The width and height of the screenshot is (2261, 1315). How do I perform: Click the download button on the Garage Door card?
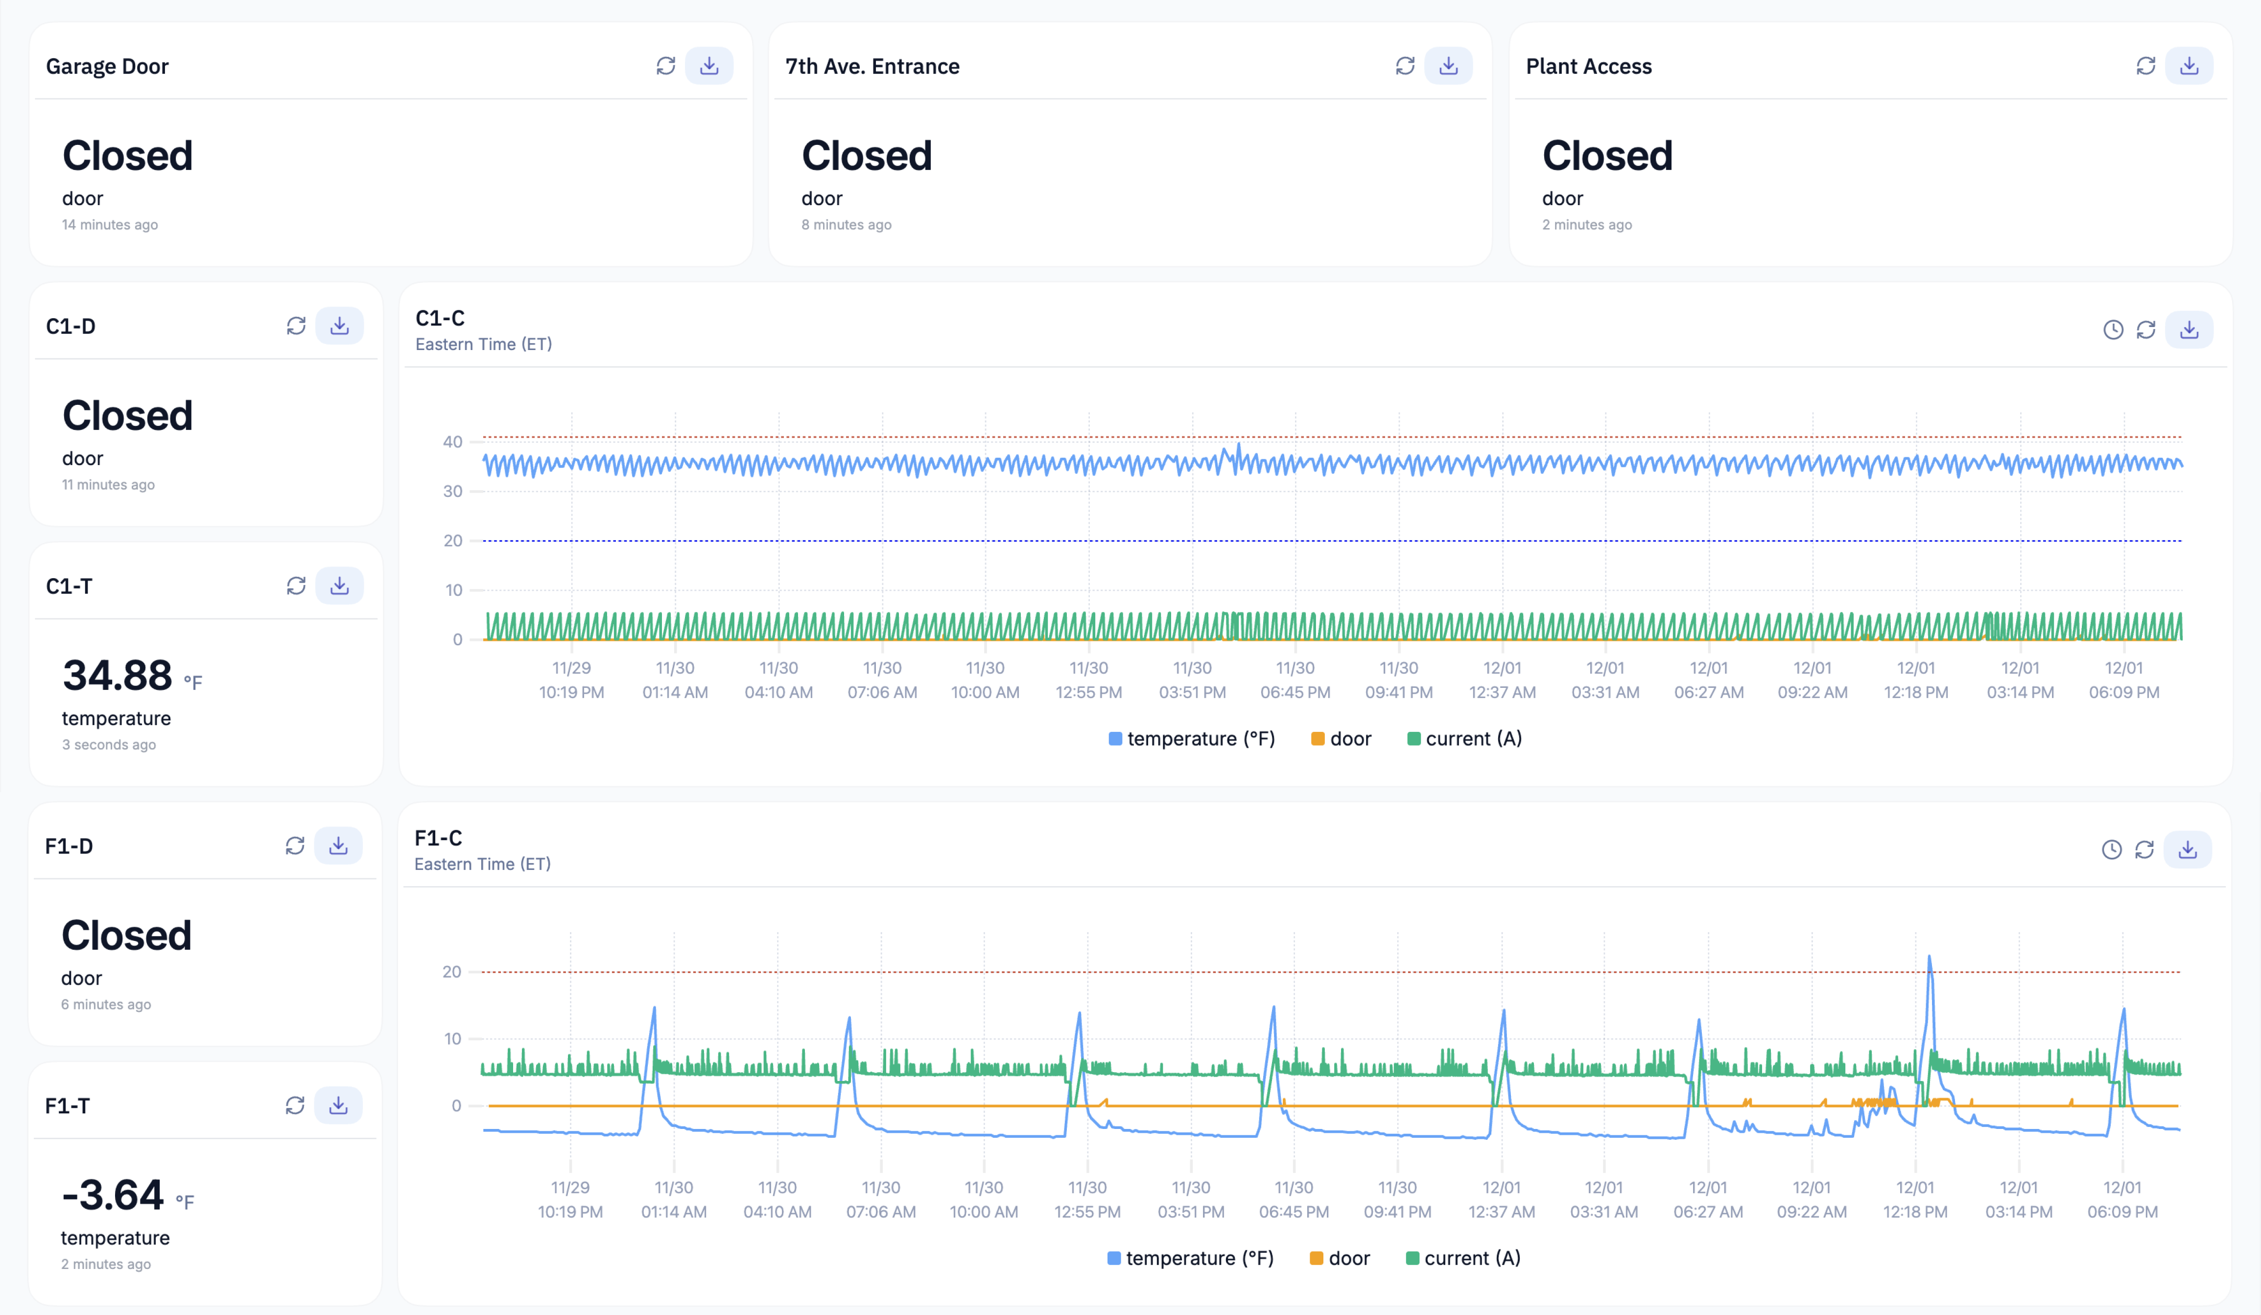(x=709, y=67)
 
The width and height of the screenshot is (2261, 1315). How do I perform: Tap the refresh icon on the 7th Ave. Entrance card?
(x=1405, y=67)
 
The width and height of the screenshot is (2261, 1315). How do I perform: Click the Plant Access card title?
(x=1588, y=67)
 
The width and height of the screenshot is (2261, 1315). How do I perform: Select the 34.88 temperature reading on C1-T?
(x=118, y=676)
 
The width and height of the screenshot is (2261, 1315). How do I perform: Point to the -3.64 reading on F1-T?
(x=113, y=1195)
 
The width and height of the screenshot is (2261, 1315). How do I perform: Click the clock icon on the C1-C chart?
(x=2113, y=330)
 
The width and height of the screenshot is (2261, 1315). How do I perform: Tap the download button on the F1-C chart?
(x=2188, y=849)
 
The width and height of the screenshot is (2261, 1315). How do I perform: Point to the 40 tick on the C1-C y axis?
(x=452, y=441)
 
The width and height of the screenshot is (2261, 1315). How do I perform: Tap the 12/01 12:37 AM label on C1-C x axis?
(x=1502, y=680)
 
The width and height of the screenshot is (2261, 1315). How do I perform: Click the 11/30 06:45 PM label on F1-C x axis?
(x=1294, y=1199)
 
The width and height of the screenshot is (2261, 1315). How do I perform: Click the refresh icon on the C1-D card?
(x=296, y=326)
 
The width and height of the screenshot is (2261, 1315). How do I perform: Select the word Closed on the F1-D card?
(x=126, y=936)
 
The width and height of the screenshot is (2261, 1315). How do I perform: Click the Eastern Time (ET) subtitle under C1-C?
(x=484, y=345)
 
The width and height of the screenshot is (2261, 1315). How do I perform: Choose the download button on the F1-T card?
(x=338, y=1105)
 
